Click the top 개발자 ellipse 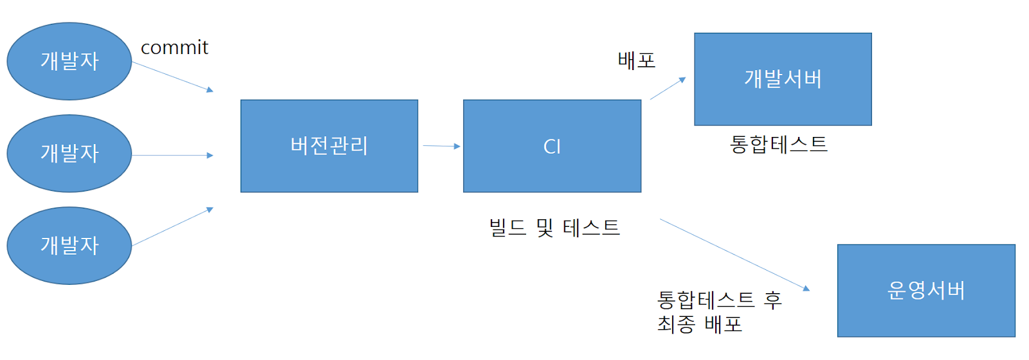[69, 62]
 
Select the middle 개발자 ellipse [69, 154]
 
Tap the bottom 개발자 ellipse [69, 246]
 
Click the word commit [174, 48]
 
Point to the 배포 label [637, 60]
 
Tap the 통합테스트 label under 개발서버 [779, 144]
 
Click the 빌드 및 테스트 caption [554, 228]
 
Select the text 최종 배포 [700, 324]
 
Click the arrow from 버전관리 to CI [441, 146]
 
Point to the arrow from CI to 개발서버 [668, 88]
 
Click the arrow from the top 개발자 [172, 76]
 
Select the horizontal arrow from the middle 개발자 [172, 155]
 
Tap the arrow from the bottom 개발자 [172, 227]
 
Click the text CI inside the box [552, 147]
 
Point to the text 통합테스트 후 [719, 300]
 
